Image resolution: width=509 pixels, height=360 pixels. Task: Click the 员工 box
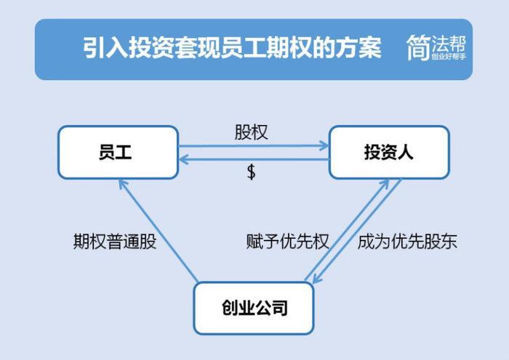(118, 152)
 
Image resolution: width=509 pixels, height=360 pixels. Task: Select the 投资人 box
(389, 152)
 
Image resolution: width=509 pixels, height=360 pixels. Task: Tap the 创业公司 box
(254, 308)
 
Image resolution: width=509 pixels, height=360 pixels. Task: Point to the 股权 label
(252, 132)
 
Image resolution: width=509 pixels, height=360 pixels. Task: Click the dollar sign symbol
(252, 172)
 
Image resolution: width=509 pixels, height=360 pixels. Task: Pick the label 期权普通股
(115, 241)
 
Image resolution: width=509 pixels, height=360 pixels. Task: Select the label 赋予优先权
(288, 241)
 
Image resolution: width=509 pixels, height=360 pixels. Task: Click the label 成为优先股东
(407, 241)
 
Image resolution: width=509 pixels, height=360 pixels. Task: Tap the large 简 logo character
(418, 48)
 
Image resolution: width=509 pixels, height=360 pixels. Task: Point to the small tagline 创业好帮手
(449, 57)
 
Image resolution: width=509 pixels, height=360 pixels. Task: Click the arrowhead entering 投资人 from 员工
(324, 145)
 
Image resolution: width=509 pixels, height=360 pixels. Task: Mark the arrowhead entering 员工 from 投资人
(183, 159)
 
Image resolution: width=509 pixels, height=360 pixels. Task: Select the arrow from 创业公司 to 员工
(159, 231)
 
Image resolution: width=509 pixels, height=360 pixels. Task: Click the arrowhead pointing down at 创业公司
(316, 279)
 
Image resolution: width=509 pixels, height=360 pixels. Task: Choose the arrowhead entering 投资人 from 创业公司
(385, 183)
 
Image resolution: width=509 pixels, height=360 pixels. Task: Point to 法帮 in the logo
(449, 44)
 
